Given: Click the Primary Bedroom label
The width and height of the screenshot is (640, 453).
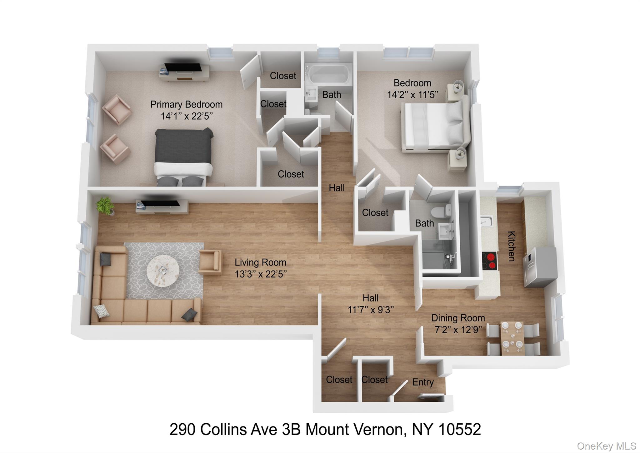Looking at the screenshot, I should pyautogui.click(x=186, y=104).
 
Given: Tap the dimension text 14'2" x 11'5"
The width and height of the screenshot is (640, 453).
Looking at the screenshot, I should pyautogui.click(x=412, y=95).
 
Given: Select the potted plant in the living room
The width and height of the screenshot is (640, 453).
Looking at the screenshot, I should pyautogui.click(x=105, y=206).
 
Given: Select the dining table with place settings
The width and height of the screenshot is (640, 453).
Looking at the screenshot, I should pyautogui.click(x=512, y=339).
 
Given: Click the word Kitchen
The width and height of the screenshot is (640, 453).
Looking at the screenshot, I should pyautogui.click(x=511, y=246).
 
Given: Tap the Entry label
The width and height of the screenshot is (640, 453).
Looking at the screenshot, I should pyautogui.click(x=423, y=382).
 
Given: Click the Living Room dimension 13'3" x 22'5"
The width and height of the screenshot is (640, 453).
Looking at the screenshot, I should pyautogui.click(x=261, y=274).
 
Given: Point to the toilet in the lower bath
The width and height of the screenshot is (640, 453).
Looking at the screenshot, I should pyautogui.click(x=441, y=211).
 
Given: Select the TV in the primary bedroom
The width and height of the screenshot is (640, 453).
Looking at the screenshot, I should pyautogui.click(x=183, y=67).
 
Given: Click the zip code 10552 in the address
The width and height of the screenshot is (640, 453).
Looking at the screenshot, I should pyautogui.click(x=460, y=430).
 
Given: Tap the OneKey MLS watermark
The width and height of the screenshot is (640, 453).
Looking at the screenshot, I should pyautogui.click(x=606, y=446).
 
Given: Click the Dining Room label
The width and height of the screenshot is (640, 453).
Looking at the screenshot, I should pyautogui.click(x=458, y=318).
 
